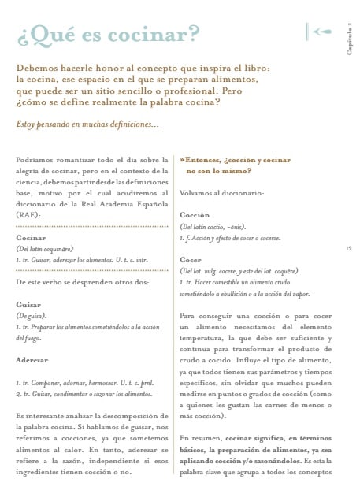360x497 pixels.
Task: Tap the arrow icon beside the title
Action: click(x=320, y=32)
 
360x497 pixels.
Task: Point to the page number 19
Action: click(x=348, y=248)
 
